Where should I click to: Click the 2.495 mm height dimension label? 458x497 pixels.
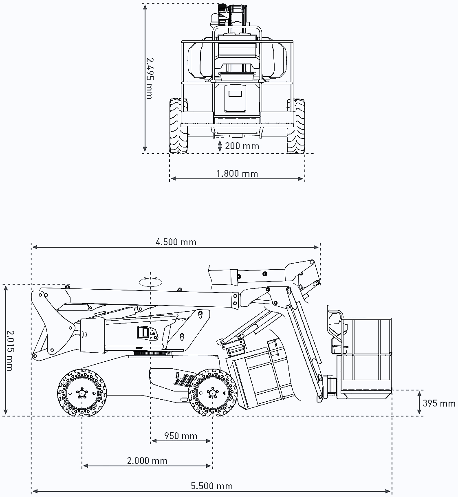click(150, 79)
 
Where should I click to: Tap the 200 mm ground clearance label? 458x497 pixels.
click(242, 146)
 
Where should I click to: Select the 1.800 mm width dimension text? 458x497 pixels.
click(237, 174)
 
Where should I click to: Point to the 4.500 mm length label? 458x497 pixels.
click(176, 242)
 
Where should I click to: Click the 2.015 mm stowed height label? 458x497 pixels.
click(10, 350)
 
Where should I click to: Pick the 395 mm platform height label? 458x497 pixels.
click(439, 403)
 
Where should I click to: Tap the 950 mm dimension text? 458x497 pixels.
click(181, 436)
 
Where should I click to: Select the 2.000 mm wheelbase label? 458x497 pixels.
click(147, 461)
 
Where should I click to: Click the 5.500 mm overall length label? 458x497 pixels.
click(212, 486)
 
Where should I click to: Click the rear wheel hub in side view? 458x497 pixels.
click(82, 393)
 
